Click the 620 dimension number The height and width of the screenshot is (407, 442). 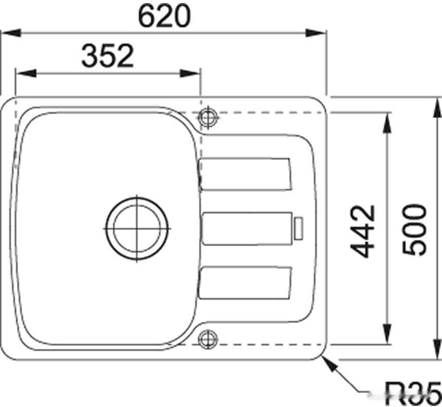tap(164, 17)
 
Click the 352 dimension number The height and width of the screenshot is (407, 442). tap(107, 57)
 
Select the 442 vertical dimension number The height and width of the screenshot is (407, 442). tap(363, 231)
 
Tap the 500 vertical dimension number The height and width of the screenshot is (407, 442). tap(414, 230)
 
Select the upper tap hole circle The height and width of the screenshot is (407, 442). tap(208, 118)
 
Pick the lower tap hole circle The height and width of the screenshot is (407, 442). tap(208, 339)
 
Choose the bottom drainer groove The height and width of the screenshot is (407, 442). tap(245, 282)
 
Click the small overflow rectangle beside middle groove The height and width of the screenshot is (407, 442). tap(298, 228)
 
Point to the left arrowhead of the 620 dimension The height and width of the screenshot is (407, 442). tap(10, 33)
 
